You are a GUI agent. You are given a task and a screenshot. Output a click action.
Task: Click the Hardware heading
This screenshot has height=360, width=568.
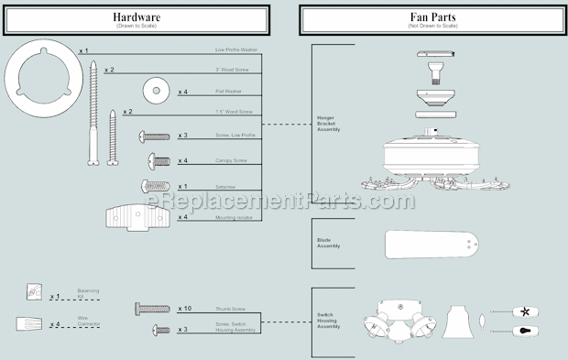point(139,17)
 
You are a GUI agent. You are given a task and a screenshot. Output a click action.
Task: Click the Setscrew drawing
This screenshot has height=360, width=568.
point(157,186)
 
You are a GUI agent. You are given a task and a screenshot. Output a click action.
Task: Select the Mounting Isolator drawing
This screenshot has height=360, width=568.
point(136,218)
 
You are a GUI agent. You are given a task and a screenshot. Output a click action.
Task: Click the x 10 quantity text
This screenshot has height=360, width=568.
point(184,309)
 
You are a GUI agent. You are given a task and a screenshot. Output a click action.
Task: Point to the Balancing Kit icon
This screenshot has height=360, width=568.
point(34,291)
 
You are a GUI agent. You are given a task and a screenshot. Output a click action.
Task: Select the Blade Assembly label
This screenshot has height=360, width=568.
point(327,243)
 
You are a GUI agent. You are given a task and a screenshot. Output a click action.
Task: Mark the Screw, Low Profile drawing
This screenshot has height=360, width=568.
point(154,136)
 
